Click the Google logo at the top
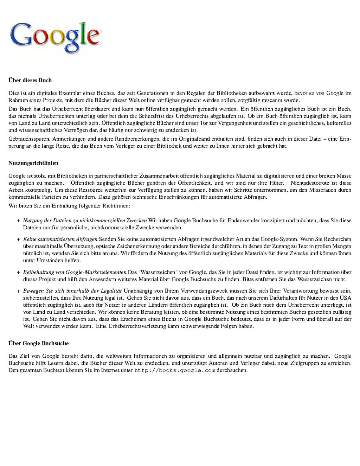[55, 37]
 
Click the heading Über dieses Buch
[30, 81]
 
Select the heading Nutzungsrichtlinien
[33, 163]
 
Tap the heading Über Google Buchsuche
[38, 343]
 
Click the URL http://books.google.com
[174, 370]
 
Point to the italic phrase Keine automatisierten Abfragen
[60, 239]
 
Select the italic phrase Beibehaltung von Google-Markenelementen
[75, 272]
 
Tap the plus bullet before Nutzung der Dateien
[18, 221]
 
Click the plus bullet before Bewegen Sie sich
[18, 291]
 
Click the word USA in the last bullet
[346, 298]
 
